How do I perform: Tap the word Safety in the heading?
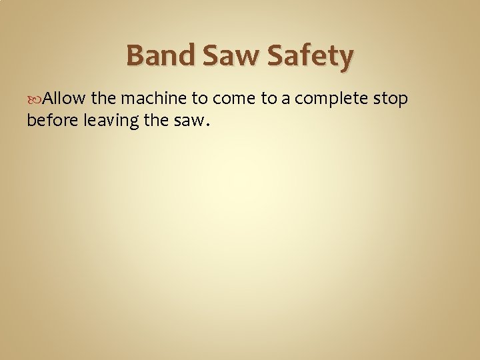point(309,57)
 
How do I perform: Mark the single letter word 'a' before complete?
point(286,100)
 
